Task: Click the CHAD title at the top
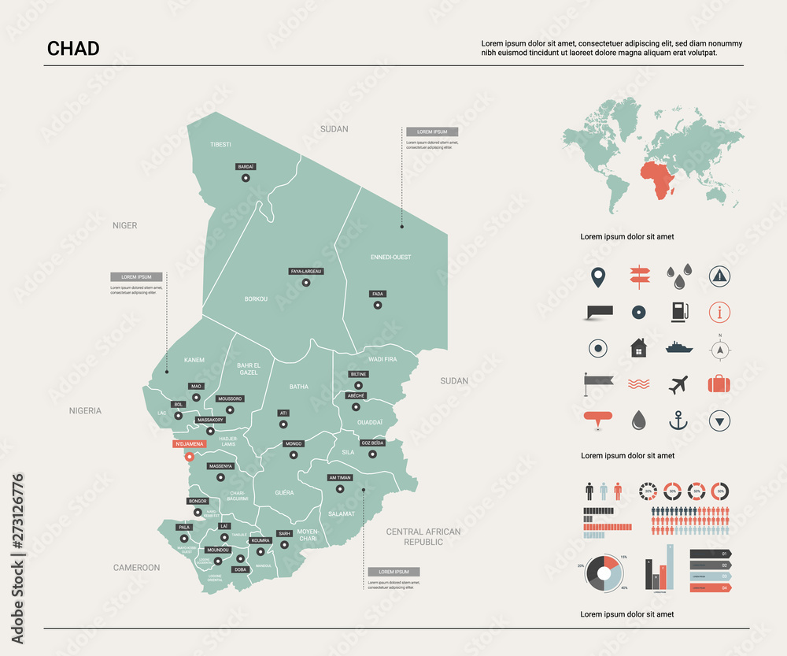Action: tap(73, 48)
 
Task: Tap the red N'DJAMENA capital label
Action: tap(189, 444)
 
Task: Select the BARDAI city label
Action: tap(246, 167)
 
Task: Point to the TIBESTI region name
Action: tap(220, 145)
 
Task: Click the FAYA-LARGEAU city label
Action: tap(306, 271)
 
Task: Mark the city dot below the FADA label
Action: tap(378, 306)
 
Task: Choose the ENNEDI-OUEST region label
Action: tap(390, 257)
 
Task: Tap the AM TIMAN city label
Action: tap(340, 478)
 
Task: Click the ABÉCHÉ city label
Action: tap(356, 395)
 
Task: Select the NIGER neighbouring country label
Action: tap(124, 225)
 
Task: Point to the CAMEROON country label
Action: tap(136, 567)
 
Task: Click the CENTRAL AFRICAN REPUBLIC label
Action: tap(423, 536)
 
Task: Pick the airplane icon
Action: tap(678, 385)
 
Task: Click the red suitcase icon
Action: tap(719, 384)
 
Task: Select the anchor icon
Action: tap(678, 421)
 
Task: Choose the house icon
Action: tap(638, 347)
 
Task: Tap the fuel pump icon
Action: tap(678, 312)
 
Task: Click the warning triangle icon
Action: tap(719, 275)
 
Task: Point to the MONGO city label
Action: tap(293, 444)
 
